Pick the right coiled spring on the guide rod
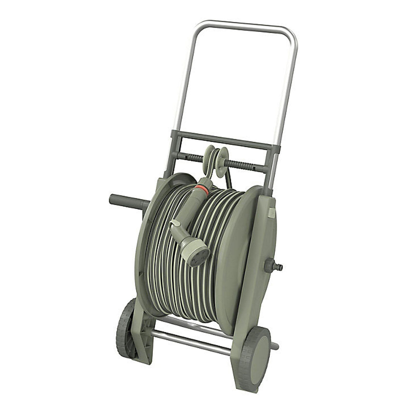click(240, 164)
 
